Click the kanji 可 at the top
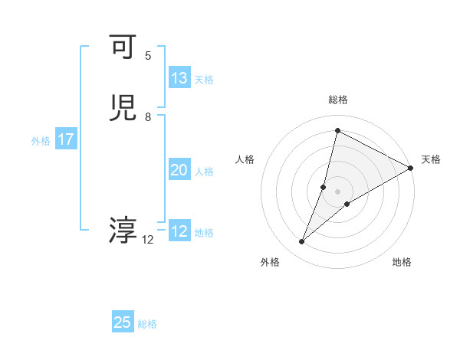(123, 47)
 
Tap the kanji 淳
(123, 231)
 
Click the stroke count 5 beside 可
(148, 55)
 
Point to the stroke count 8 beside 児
(148, 116)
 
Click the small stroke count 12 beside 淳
(148, 240)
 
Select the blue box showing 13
(179, 78)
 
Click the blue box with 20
(179, 170)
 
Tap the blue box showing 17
(66, 139)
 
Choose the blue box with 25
(123, 322)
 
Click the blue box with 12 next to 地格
(179, 231)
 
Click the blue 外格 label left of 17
(40, 141)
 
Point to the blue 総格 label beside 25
(147, 324)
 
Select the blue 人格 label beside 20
(204, 172)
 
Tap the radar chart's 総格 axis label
(338, 100)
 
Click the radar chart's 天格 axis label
(431, 159)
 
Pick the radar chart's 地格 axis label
(402, 262)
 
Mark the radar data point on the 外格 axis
(302, 242)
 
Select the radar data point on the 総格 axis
(337, 130)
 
